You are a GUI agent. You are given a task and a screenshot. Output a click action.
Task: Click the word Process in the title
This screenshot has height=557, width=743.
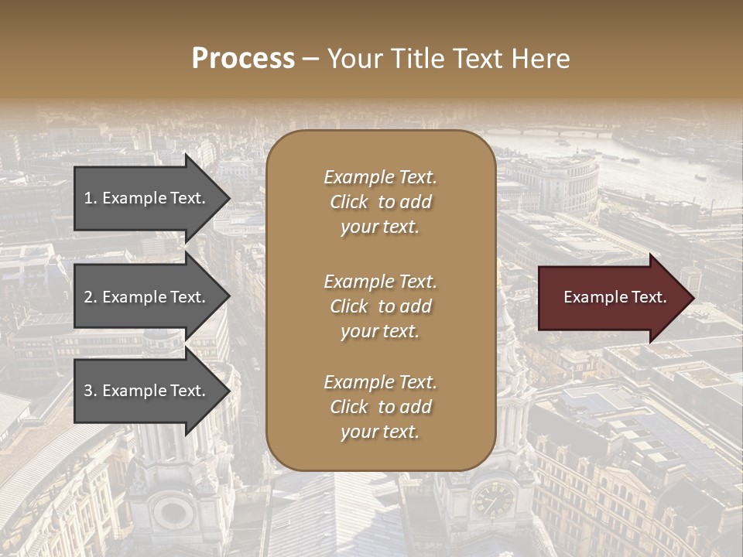[243, 59]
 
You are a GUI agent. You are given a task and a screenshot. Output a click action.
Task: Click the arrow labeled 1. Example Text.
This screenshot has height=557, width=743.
[147, 198]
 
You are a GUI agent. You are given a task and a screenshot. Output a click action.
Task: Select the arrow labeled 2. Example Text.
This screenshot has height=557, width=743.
[147, 297]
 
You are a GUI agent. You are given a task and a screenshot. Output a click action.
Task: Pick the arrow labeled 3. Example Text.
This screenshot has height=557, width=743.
[147, 391]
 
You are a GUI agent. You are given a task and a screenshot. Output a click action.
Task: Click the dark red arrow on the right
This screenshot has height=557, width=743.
[611, 297]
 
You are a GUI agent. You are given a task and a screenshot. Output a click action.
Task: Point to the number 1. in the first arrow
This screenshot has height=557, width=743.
[91, 198]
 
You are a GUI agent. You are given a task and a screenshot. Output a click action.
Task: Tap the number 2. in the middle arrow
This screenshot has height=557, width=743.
[91, 297]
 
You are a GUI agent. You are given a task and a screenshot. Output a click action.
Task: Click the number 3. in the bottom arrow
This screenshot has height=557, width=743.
[91, 391]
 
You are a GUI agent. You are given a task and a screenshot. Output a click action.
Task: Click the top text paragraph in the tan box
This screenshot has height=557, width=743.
[380, 202]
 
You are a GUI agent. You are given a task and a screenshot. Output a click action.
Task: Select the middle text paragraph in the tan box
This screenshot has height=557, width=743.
[380, 306]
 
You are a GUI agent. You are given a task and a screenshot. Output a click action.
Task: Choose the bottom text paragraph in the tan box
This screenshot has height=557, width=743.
[380, 407]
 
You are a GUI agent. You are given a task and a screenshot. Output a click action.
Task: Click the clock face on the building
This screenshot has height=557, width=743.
[492, 499]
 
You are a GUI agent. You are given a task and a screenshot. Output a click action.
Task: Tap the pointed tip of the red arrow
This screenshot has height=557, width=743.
[693, 297]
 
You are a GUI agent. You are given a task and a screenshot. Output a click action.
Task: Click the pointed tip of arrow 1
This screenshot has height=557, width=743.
[229, 198]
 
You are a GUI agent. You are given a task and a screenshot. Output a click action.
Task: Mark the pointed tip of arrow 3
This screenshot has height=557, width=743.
[229, 391]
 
